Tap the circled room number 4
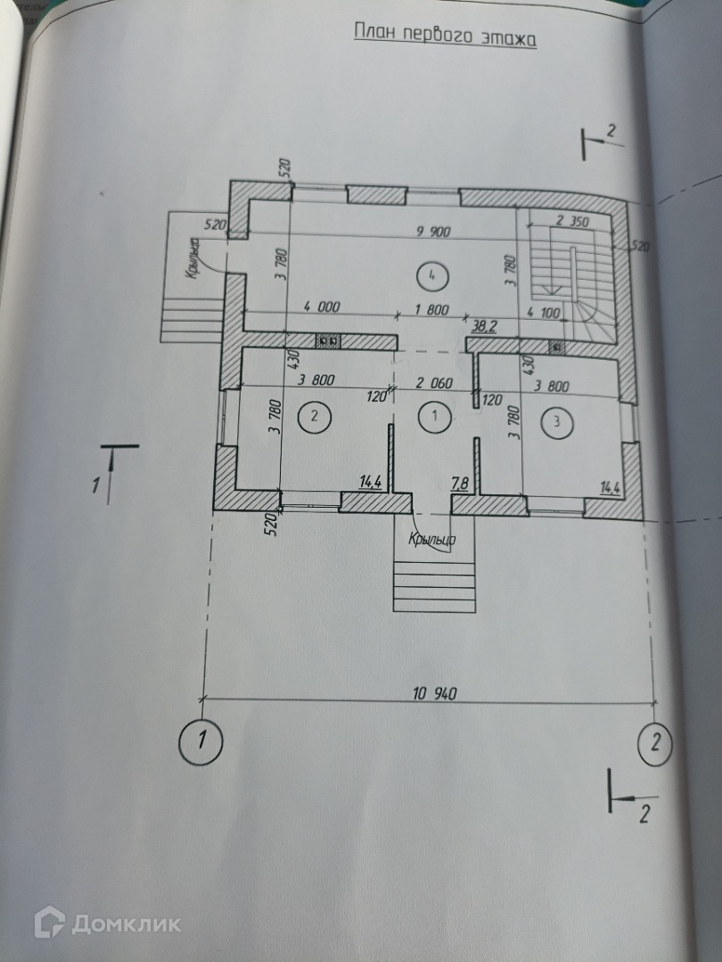pos(431,275)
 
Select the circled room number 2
pos(313,415)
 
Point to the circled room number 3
pos(557,422)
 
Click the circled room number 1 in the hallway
pos(435,415)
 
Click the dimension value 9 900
pos(434,232)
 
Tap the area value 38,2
pos(485,326)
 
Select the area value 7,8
pos(461,484)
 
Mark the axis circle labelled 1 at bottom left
pos(203,738)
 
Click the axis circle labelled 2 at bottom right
pos(656,742)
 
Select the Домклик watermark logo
pos(107,923)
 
